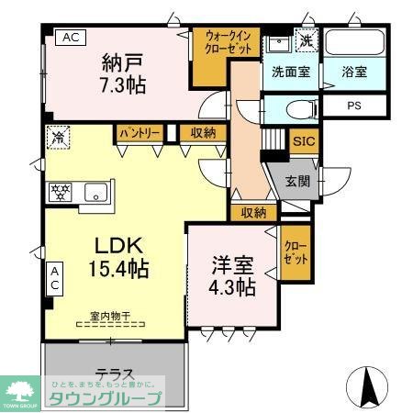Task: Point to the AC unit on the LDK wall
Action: click(53, 278)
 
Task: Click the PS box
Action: click(353, 105)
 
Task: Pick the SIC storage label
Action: click(303, 142)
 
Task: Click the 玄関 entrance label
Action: click(297, 181)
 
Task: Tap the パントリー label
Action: click(140, 134)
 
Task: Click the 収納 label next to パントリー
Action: click(204, 134)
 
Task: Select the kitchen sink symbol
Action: click(95, 193)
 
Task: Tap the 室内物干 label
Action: click(110, 317)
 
